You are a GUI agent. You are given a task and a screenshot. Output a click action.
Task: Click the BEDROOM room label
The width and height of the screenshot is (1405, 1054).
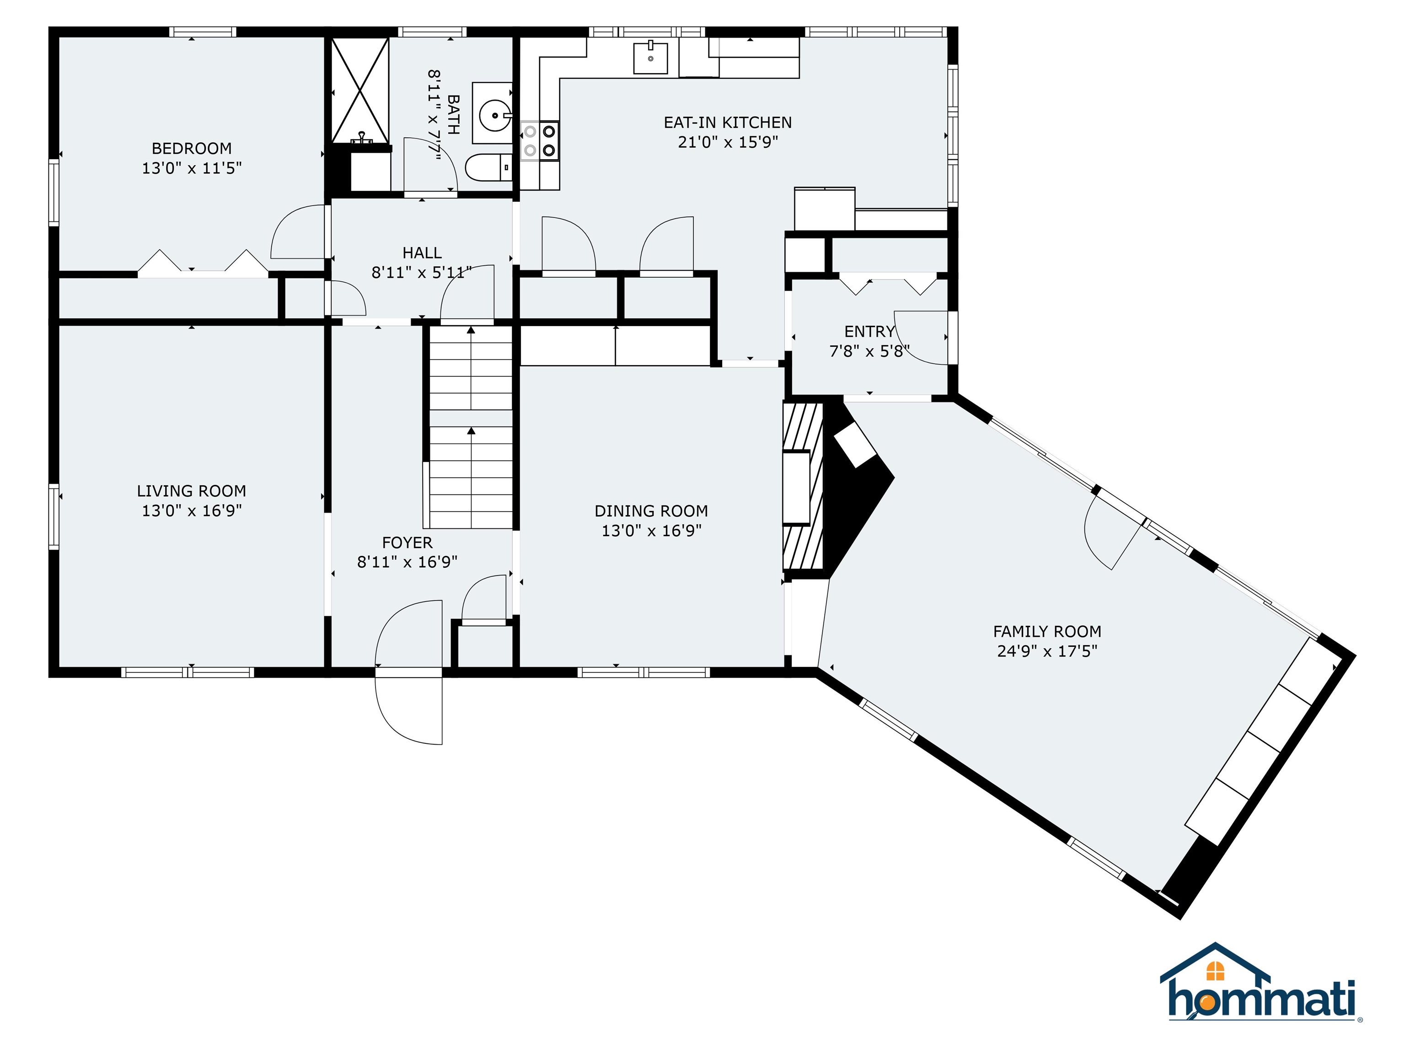[191, 149]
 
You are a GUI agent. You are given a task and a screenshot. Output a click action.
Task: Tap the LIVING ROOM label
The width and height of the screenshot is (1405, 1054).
[191, 491]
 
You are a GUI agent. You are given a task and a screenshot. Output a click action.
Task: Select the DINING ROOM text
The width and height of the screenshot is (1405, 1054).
[651, 511]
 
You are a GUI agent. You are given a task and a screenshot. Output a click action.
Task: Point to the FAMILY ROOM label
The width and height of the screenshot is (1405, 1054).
[1047, 631]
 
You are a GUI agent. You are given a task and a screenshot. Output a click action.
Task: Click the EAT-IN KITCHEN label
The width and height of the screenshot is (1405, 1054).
[728, 123]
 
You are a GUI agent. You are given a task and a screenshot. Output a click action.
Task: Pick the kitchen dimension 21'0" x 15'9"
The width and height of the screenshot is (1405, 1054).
[728, 142]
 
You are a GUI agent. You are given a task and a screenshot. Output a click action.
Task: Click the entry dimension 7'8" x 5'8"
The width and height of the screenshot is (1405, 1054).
[869, 351]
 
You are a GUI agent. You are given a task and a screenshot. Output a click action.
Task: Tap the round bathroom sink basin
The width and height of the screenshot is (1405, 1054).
[494, 116]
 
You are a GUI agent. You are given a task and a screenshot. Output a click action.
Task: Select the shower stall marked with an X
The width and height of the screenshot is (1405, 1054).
[360, 90]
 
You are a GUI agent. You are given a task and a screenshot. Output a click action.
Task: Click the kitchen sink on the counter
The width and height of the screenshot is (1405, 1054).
[650, 57]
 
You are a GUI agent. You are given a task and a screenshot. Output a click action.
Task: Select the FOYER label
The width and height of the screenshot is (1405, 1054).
[407, 543]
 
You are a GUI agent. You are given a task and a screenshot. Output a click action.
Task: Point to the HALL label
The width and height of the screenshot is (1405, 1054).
[422, 253]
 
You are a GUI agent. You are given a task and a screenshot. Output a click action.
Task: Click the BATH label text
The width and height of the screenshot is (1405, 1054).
[454, 114]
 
